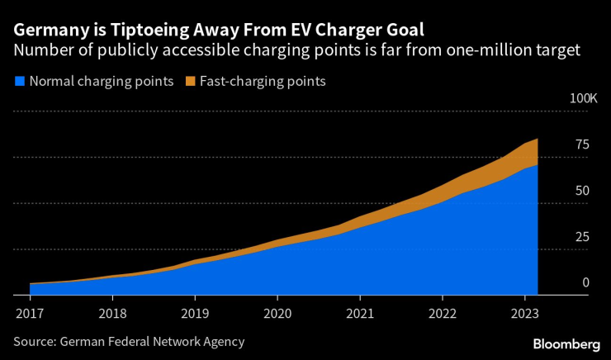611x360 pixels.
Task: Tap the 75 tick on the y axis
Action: coord(582,144)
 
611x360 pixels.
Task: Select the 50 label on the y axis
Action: coord(582,191)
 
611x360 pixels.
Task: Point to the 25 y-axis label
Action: coord(582,237)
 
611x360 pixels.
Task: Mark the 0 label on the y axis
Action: coord(585,282)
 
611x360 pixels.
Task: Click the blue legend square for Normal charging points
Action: coord(19,82)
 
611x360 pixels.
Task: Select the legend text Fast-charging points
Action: coord(262,82)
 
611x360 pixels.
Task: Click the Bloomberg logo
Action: coord(566,343)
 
